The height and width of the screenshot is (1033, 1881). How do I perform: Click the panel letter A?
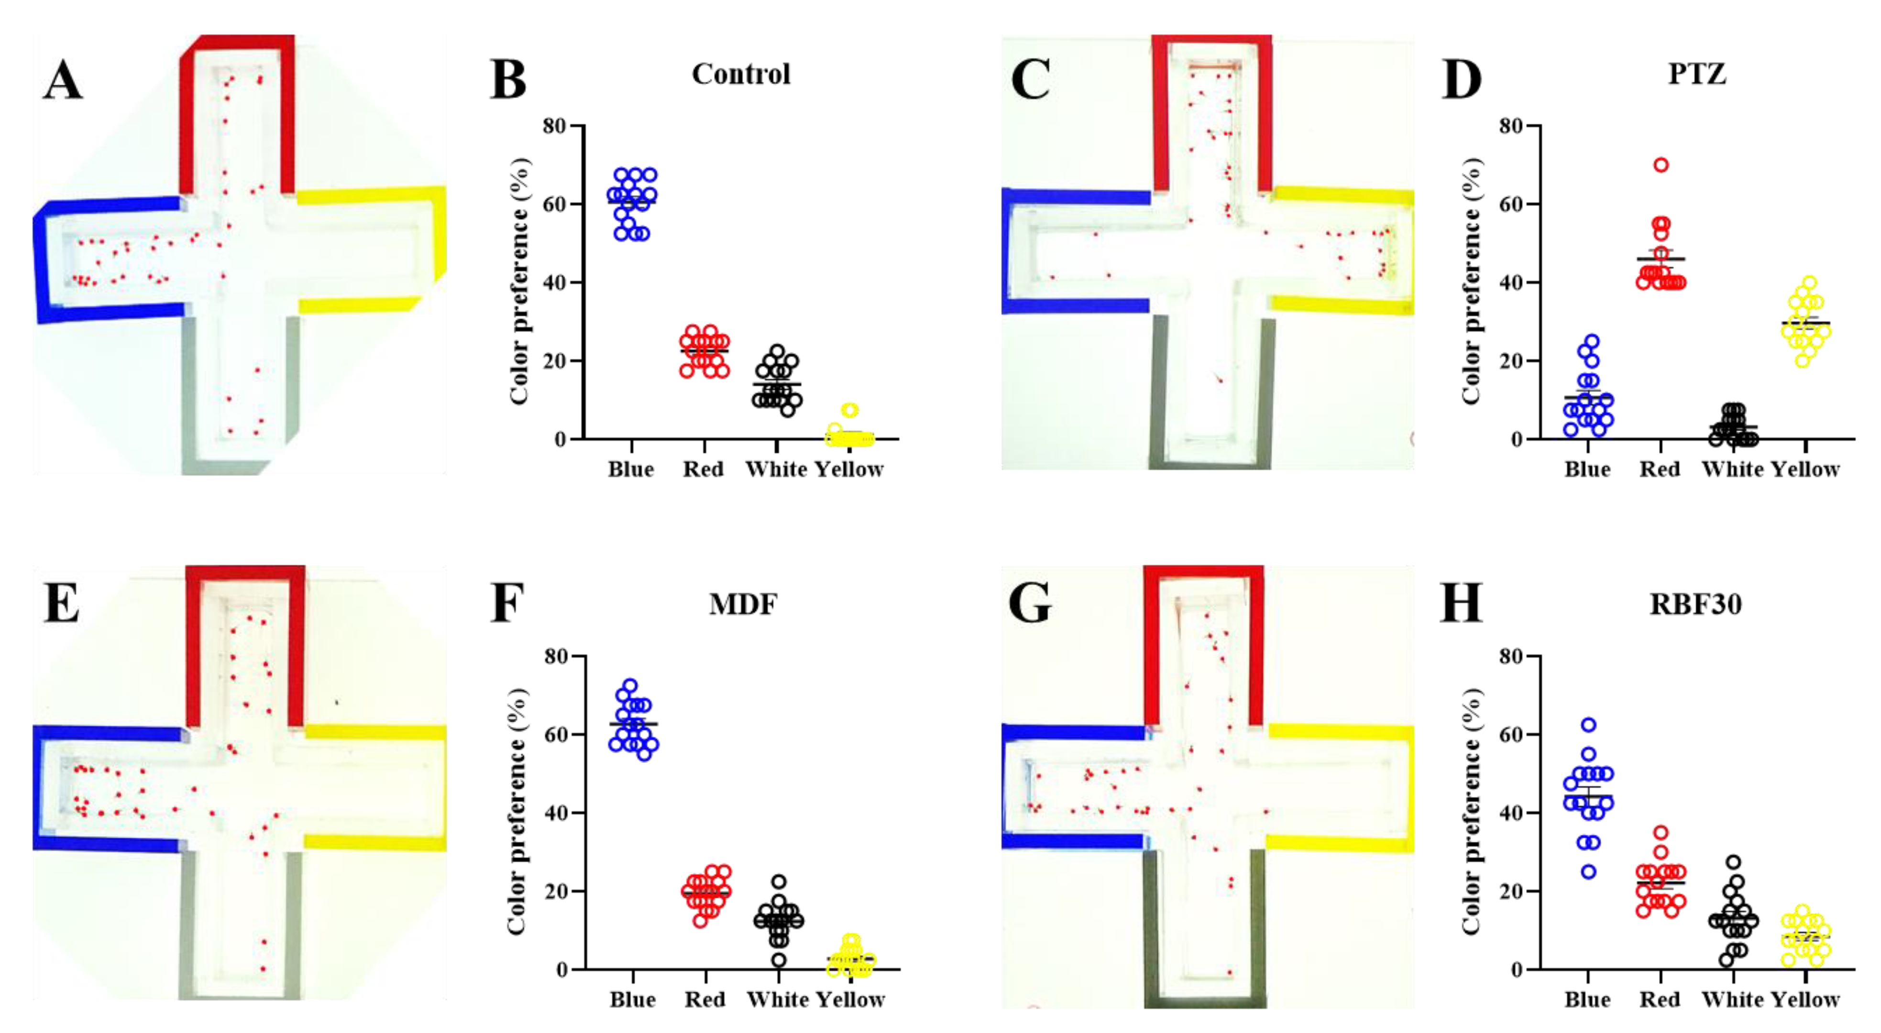[63, 80]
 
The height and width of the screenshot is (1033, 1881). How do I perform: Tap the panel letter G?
[1030, 604]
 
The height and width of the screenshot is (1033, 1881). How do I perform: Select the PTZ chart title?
[1697, 75]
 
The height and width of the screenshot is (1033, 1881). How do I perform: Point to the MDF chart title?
[743, 605]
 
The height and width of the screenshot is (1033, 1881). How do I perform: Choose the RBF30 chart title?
[1695, 605]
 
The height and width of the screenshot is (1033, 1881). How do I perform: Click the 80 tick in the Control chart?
[555, 126]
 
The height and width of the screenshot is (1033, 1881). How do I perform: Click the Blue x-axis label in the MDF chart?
[632, 1000]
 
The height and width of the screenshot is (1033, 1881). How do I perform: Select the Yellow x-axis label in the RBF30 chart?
[1805, 1000]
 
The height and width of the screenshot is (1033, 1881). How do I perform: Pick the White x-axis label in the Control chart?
[777, 469]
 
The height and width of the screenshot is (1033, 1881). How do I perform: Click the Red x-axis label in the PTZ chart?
[1660, 469]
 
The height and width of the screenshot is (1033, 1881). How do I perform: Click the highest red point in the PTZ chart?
[1661, 165]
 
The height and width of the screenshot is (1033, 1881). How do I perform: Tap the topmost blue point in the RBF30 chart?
[1588, 725]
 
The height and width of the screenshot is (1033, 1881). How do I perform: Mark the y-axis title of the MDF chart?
[517, 812]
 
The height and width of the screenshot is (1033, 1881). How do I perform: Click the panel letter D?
[1461, 80]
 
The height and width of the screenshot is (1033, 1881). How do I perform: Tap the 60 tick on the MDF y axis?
[555, 734]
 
